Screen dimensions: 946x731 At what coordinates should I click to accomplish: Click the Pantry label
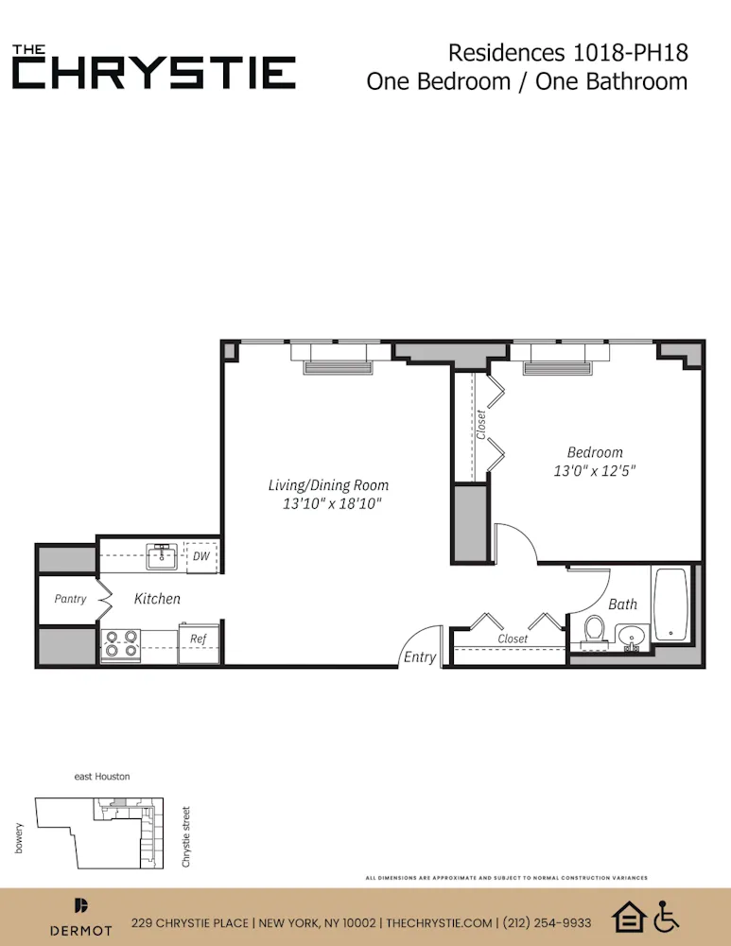[x=70, y=599]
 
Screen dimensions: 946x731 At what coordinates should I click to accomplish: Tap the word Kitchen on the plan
[x=157, y=599]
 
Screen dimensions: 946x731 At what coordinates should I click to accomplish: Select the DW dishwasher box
[x=201, y=556]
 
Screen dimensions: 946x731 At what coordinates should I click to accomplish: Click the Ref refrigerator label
[x=198, y=639]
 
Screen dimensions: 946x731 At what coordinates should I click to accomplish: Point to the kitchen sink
[x=163, y=555]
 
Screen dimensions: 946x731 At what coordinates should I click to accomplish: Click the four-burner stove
[x=121, y=644]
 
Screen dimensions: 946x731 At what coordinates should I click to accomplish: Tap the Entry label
[x=420, y=657]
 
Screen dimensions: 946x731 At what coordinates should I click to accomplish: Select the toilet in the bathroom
[x=595, y=630]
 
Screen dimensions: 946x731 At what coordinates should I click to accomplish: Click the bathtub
[x=670, y=604]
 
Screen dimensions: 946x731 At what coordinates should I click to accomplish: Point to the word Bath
[x=622, y=604]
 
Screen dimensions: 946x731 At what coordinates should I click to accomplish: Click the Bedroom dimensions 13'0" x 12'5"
[x=595, y=470]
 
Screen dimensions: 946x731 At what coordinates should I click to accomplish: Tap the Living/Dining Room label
[x=328, y=485]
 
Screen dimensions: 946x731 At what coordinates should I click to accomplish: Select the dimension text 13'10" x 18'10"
[x=331, y=504]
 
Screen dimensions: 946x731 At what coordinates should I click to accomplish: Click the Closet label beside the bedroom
[x=480, y=423]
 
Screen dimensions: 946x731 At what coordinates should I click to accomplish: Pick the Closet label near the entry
[x=513, y=639]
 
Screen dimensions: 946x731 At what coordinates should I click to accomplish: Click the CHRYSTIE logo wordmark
[x=153, y=72]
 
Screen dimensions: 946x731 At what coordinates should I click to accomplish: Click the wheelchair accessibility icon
[x=667, y=916]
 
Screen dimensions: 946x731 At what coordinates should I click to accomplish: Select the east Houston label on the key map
[x=102, y=777]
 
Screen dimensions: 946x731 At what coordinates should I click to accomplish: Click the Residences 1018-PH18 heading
[x=567, y=52]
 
